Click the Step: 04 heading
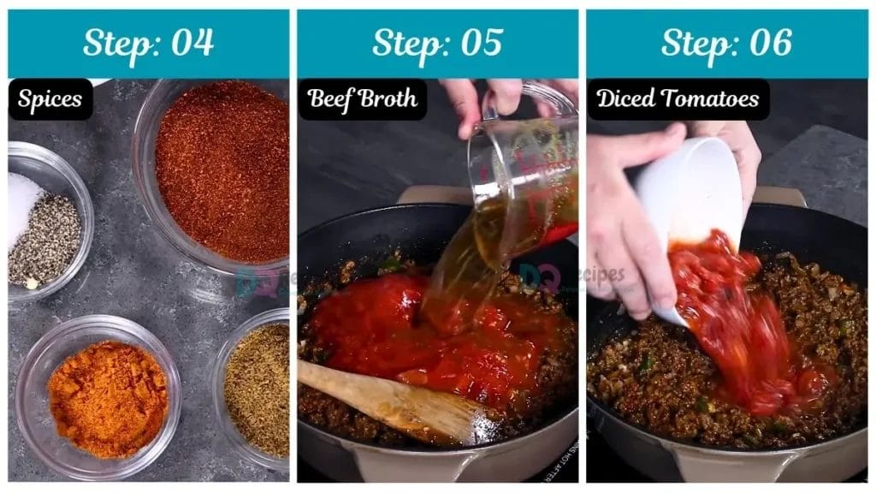click(148, 43)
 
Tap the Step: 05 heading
click(437, 43)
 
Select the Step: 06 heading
click(726, 43)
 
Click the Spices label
click(50, 99)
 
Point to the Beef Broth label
click(362, 99)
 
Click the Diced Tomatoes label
click(678, 99)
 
